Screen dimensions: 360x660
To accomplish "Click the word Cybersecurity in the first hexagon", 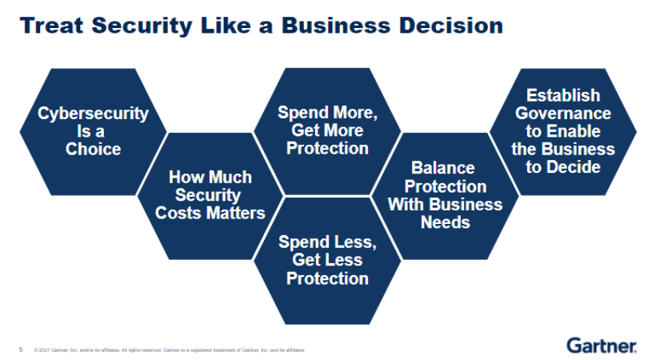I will click(x=93, y=114).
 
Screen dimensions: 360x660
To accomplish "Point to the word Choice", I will click(x=94, y=150).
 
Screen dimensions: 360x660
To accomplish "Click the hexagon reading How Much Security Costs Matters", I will click(x=210, y=195).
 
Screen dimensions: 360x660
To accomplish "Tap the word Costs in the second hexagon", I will click(x=182, y=213).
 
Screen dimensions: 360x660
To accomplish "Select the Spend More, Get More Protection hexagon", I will click(x=327, y=130).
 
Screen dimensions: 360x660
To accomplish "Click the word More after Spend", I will click(x=355, y=113).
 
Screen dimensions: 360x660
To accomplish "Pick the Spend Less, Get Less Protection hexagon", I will click(x=327, y=260).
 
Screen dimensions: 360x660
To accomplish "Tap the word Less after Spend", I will click(x=355, y=242).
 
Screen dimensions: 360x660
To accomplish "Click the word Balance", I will click(x=442, y=168).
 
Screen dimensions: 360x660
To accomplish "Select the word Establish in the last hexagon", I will click(x=563, y=96).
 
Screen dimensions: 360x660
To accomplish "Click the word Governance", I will click(x=563, y=114).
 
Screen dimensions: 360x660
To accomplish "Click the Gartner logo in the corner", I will click(x=602, y=346).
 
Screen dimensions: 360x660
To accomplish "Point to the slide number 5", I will click(x=21, y=350).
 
